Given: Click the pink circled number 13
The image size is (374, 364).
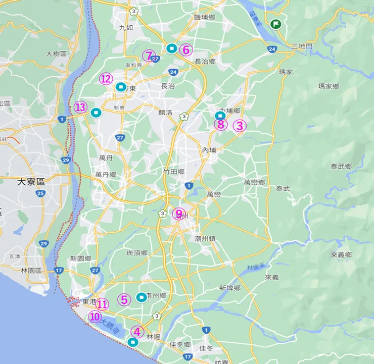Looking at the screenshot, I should [80, 107].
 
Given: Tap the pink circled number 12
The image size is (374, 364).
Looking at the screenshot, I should [105, 79].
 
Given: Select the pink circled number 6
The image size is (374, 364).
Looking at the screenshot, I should [185, 49].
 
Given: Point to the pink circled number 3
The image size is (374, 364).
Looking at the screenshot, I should [239, 126].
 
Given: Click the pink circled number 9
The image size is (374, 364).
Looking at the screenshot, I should [179, 214].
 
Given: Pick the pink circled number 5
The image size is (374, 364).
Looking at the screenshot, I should [124, 299].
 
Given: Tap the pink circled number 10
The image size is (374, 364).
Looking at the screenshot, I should [95, 317].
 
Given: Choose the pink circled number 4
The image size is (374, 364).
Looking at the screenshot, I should [137, 331].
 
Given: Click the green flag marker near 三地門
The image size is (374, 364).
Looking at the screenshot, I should [275, 24].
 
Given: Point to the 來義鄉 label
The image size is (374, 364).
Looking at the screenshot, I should [341, 255].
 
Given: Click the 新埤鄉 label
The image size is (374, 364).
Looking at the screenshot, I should [229, 288].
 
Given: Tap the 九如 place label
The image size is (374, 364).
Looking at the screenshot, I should [125, 28].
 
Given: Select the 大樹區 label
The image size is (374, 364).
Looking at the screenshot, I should [57, 54].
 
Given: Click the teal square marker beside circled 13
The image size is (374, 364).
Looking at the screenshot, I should [96, 113].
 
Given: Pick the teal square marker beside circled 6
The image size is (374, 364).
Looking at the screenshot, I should [171, 48].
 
